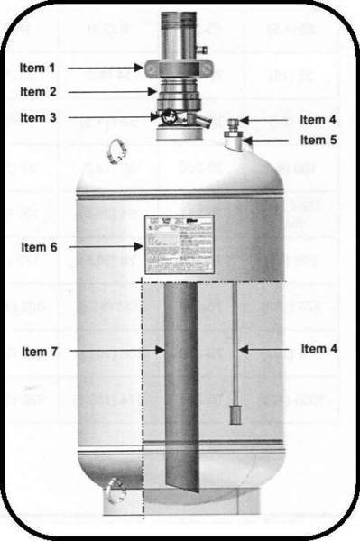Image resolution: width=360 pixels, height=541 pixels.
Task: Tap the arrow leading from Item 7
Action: tap(117, 349)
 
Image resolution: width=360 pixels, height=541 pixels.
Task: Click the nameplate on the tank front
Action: tap(178, 243)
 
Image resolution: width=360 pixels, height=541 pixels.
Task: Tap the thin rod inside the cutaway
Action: tap(233, 343)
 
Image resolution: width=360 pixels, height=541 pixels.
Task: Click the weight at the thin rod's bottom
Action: tap(233, 416)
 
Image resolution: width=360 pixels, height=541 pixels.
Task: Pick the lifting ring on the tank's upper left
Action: tap(115, 147)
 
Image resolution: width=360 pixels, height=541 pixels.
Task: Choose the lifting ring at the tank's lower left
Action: tap(114, 492)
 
